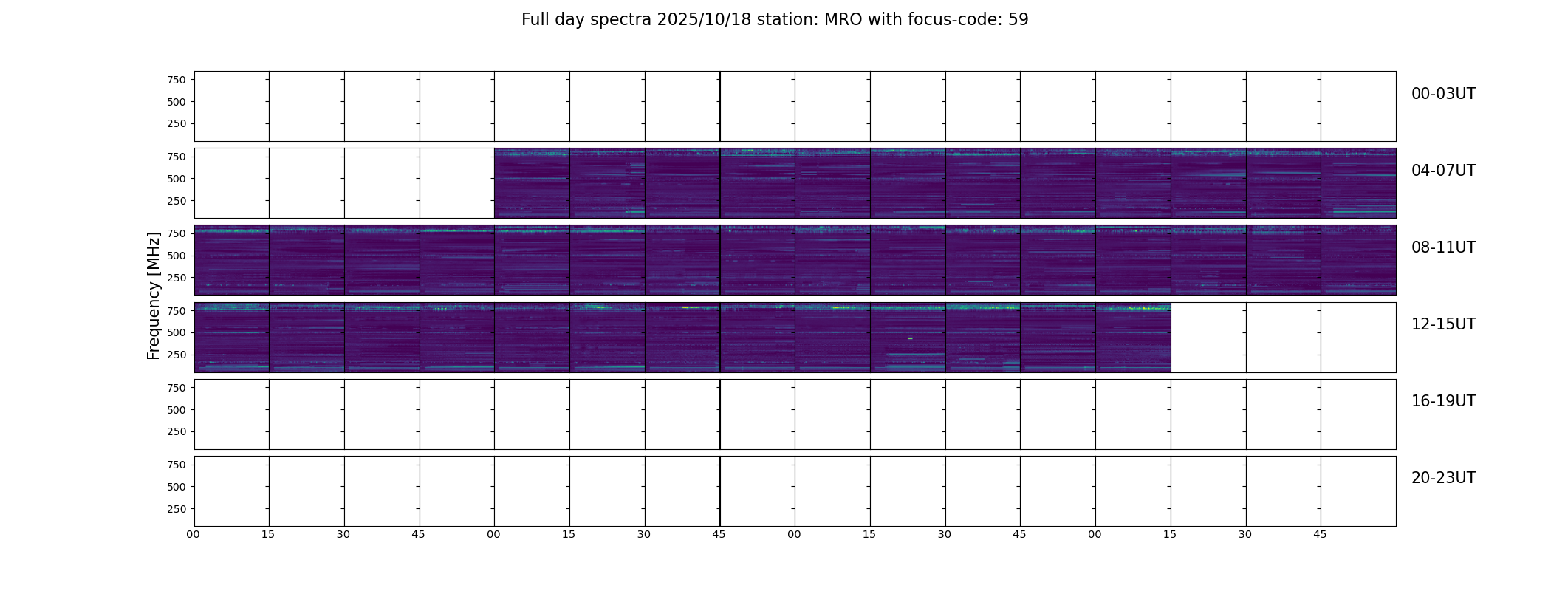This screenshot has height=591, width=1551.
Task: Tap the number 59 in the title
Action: (x=1018, y=20)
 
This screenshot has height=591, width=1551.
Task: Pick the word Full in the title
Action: (x=535, y=20)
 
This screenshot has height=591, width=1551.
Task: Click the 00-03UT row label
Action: (x=1443, y=94)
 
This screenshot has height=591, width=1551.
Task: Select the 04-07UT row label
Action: (x=1443, y=171)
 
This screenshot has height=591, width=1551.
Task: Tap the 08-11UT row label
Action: (x=1443, y=247)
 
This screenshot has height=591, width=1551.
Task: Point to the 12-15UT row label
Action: (x=1443, y=324)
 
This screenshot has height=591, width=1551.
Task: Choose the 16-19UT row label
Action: (x=1443, y=401)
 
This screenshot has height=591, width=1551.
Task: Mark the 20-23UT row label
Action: (x=1443, y=478)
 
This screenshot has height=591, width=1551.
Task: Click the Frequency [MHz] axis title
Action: (x=154, y=296)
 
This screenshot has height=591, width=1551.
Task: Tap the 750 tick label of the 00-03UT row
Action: (x=177, y=80)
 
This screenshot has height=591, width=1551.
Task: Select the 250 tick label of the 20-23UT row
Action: (x=177, y=509)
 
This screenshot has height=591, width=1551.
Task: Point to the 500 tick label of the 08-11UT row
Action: (x=177, y=256)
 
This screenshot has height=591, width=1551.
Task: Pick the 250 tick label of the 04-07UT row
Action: (x=177, y=201)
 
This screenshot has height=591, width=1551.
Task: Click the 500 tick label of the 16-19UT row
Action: (x=177, y=410)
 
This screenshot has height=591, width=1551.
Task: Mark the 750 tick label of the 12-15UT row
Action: (x=177, y=311)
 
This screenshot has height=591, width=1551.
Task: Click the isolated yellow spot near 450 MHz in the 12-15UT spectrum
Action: (x=910, y=338)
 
